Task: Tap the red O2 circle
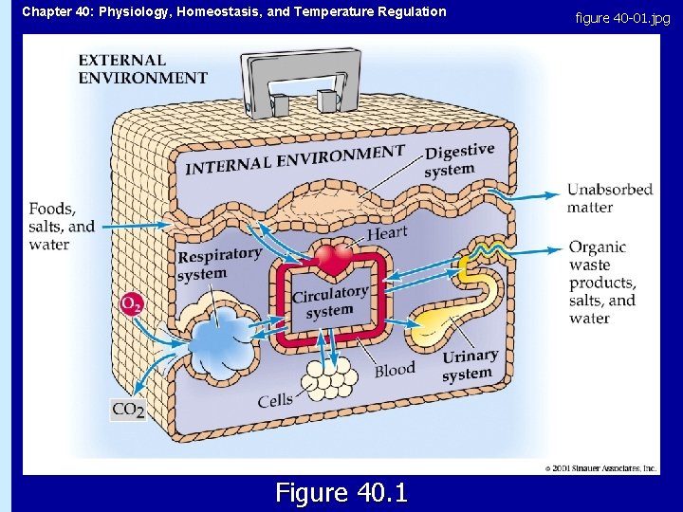tap(133, 304)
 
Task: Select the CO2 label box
tap(128, 410)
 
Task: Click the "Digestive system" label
tap(459, 159)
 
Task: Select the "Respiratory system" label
tap(219, 264)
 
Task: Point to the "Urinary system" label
tap(470, 365)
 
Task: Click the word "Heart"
tap(386, 232)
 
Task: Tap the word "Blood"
tap(395, 370)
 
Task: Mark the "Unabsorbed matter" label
tap(610, 197)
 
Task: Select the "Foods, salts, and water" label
tap(62, 226)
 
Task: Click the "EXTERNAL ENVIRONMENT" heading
tap(142, 69)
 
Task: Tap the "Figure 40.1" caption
tap(341, 493)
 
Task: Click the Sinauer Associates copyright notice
tap(600, 468)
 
